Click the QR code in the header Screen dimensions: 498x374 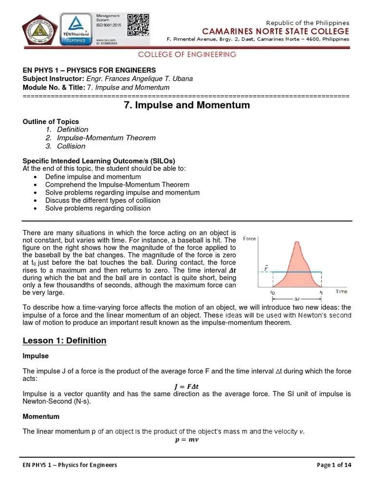[x=138, y=24]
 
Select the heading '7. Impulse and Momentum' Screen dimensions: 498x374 [x=187, y=105]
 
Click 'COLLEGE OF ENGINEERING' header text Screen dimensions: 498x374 [x=187, y=54]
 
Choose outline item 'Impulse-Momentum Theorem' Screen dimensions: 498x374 [x=106, y=138]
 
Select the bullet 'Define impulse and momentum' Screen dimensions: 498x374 [x=93, y=177]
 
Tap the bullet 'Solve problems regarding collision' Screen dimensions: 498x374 [x=98, y=208]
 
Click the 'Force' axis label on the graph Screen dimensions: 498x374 [x=249, y=239]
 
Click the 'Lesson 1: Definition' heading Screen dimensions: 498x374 [x=64, y=340]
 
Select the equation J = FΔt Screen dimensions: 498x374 [x=187, y=387]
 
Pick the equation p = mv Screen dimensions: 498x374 [x=187, y=440]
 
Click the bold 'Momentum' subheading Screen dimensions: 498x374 [x=41, y=417]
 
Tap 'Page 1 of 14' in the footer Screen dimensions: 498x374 [x=334, y=465]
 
